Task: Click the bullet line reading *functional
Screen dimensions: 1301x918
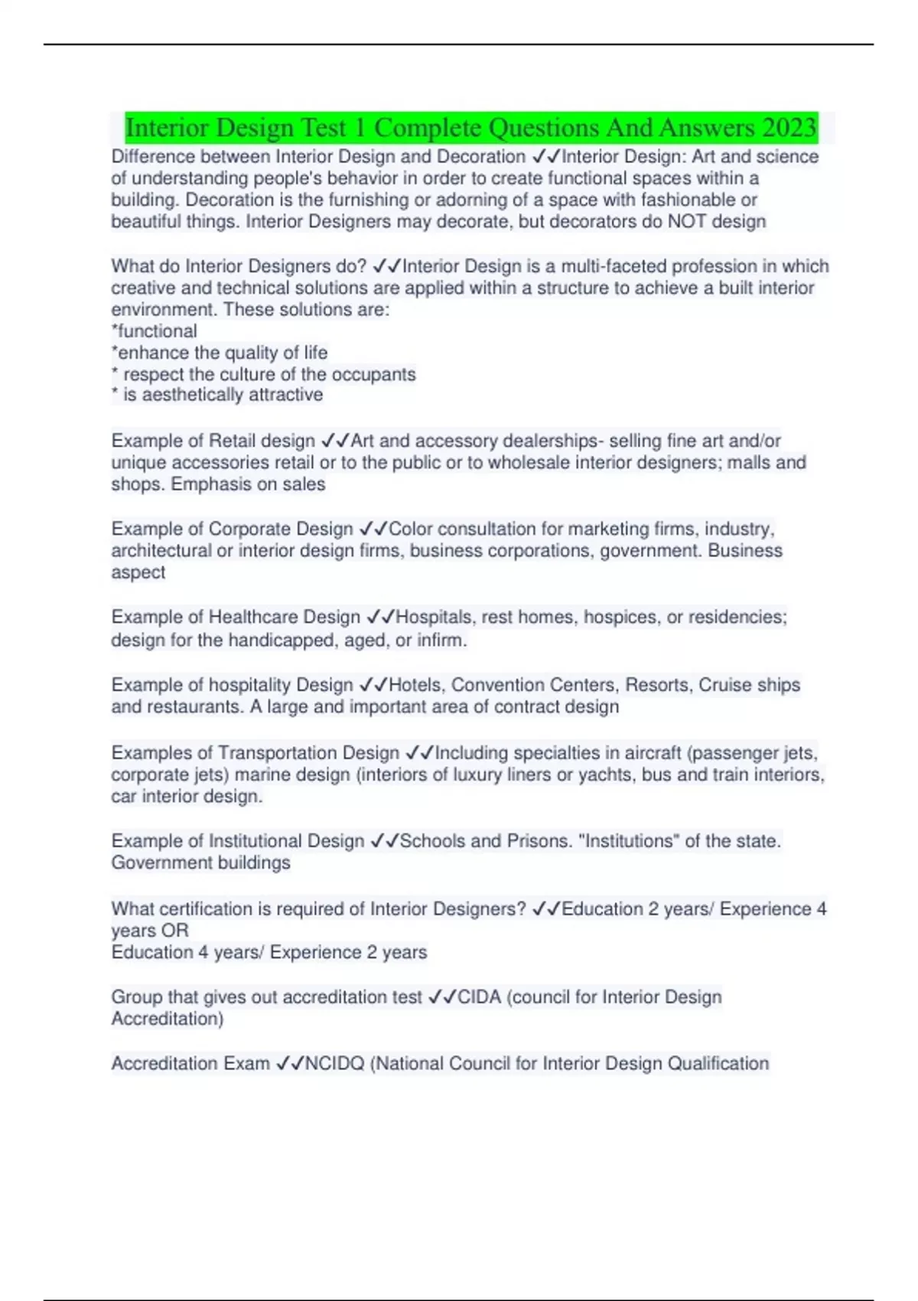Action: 155,331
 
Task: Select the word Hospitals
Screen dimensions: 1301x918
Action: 434,618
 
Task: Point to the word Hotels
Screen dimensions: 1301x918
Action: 418,685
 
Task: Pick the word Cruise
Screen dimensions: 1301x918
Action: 726,685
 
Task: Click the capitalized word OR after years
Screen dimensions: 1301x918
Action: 175,931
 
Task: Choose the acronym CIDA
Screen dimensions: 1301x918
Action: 479,997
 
